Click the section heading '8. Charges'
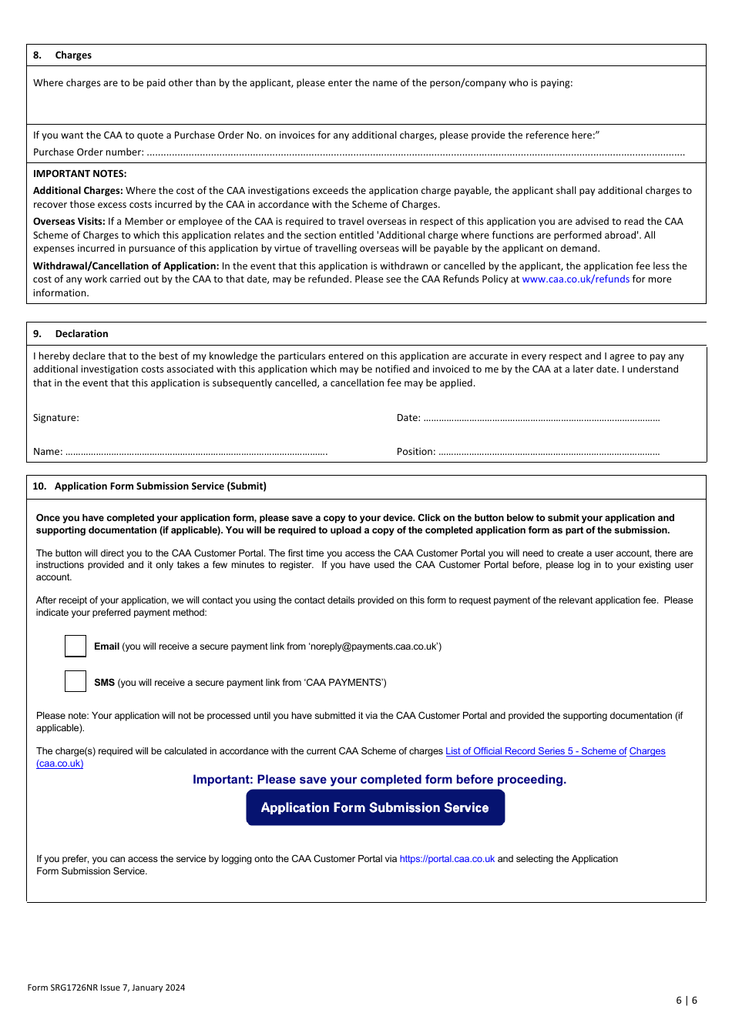click(x=62, y=55)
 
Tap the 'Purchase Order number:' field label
click(x=88, y=152)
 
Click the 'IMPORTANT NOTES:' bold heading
click(x=79, y=174)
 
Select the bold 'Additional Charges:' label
click(x=78, y=191)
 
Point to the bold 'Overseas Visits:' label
click(x=69, y=222)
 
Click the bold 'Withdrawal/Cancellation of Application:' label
click(x=126, y=266)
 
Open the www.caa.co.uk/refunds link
click(x=576, y=279)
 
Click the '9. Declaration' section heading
click(x=71, y=334)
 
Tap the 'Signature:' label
click(x=55, y=418)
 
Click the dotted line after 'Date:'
click(x=541, y=419)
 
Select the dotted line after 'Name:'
click(x=196, y=453)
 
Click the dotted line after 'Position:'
click(x=549, y=453)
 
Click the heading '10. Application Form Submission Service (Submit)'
click(x=149, y=486)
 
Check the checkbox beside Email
click(x=76, y=646)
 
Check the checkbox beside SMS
click(x=76, y=681)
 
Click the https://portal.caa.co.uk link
click(x=447, y=859)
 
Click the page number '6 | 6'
click(x=687, y=1001)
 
